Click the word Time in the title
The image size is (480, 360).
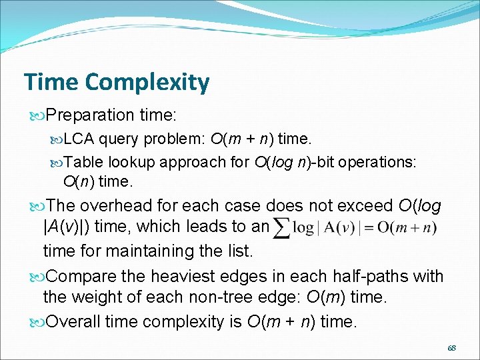pos(51,82)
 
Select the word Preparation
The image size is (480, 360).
pos(90,115)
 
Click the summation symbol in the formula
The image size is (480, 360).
pos(282,227)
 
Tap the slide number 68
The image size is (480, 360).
pos(452,347)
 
